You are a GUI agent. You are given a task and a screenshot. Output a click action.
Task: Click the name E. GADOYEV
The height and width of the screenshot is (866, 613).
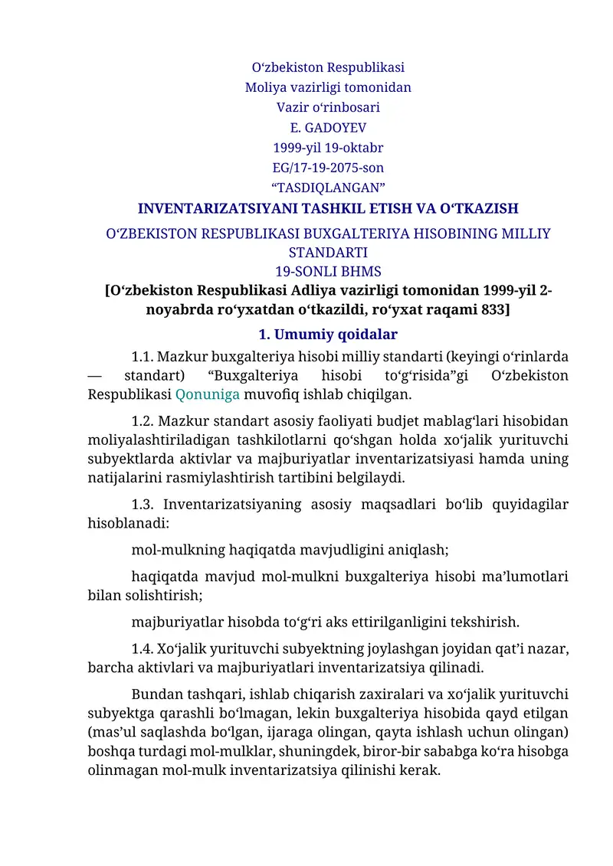[x=328, y=127]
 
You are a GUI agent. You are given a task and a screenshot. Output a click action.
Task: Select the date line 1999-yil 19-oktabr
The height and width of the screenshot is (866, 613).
[x=328, y=147]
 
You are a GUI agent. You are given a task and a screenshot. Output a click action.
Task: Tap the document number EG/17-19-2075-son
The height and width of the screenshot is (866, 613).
[x=328, y=167]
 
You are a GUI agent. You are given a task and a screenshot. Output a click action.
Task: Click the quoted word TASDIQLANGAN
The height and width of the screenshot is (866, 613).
[x=328, y=188]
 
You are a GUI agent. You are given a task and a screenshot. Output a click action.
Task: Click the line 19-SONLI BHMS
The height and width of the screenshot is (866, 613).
[x=328, y=271]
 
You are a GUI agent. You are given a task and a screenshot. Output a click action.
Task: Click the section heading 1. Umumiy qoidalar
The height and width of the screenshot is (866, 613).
[x=328, y=335]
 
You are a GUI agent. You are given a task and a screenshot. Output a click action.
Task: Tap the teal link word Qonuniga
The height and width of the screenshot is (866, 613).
[x=208, y=395]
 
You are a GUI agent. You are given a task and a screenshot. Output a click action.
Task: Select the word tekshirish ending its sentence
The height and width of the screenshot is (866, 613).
[x=489, y=620]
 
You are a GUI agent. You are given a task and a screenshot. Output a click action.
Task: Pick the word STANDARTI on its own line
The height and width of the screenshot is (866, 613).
[x=328, y=252]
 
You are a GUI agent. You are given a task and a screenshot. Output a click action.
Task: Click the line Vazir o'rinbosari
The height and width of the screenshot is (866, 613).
[x=328, y=107]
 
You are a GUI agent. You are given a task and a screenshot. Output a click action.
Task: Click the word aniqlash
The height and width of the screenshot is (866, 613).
[x=420, y=549]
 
